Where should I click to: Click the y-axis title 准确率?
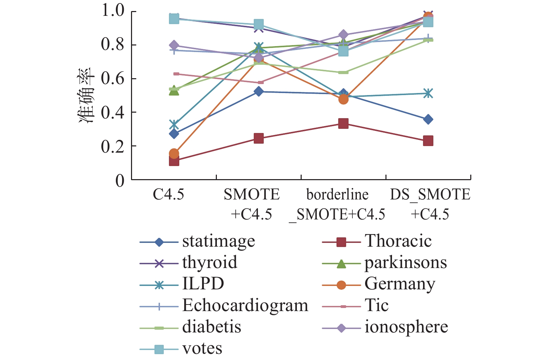[86, 96]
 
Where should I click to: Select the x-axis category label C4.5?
[169, 195]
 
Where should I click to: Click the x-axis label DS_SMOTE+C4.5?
[430, 204]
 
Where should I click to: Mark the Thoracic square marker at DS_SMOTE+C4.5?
[428, 141]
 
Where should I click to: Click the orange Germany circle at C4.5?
[174, 153]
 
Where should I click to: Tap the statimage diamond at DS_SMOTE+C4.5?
[428, 120]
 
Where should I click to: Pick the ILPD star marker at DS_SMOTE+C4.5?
[428, 93]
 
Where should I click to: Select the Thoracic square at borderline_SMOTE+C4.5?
[343, 123]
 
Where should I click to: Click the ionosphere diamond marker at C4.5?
[174, 45]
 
